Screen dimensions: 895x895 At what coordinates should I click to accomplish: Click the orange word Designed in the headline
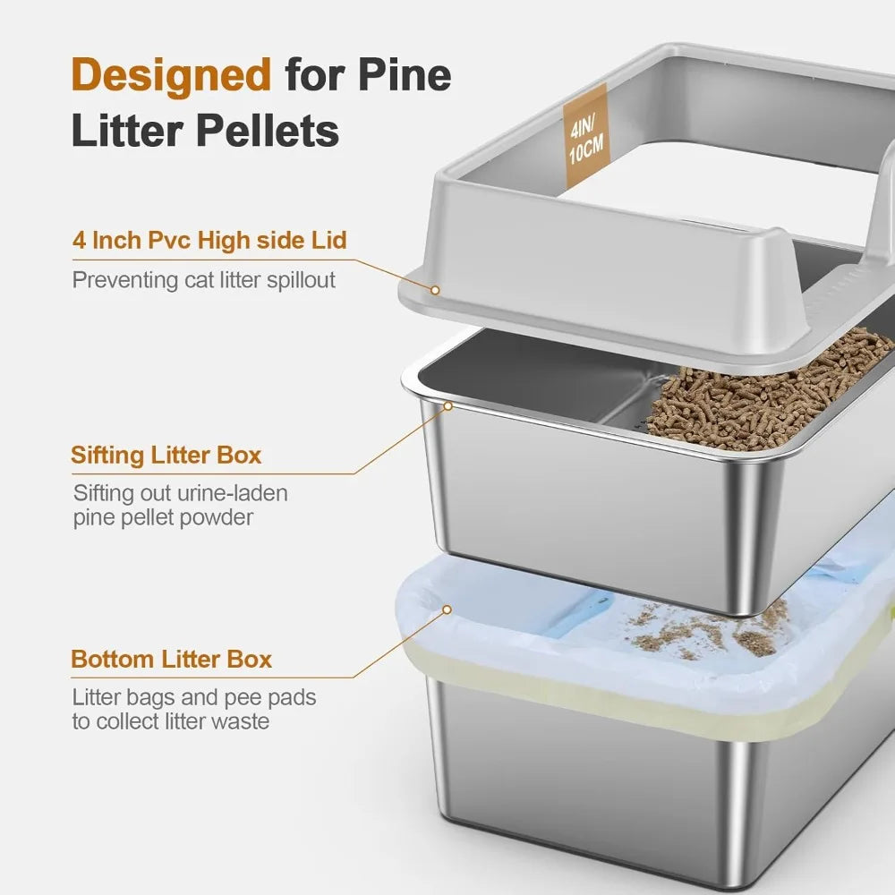pyautogui.click(x=170, y=75)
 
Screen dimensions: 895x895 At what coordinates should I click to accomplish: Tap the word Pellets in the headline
pyautogui.click(x=268, y=131)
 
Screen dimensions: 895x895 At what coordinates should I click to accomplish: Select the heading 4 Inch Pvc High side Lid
pyautogui.click(x=209, y=241)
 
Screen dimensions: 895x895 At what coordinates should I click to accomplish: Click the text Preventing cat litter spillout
pyautogui.click(x=204, y=280)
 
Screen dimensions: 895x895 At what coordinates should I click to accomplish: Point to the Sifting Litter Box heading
pyautogui.click(x=166, y=455)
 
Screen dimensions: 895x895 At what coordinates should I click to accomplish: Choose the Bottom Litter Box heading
pyautogui.click(x=171, y=660)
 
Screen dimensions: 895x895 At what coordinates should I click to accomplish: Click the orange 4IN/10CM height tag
pyautogui.click(x=584, y=135)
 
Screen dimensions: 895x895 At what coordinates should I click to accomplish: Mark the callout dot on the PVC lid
pyautogui.click(x=435, y=290)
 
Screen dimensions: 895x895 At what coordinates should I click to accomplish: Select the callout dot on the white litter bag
pyautogui.click(x=447, y=609)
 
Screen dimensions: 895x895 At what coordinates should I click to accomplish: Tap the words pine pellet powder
pyautogui.click(x=164, y=517)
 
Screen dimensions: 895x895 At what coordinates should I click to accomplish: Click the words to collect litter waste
pyautogui.click(x=170, y=721)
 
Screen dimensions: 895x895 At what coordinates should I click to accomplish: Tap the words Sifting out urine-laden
pyautogui.click(x=180, y=493)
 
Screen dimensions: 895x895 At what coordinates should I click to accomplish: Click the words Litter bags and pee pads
pyautogui.click(x=193, y=697)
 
